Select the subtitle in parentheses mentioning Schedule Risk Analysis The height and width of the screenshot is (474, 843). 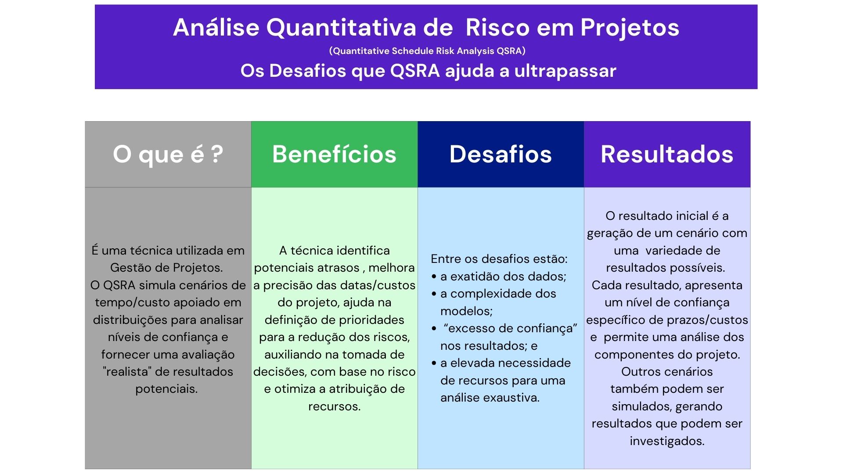(x=427, y=51)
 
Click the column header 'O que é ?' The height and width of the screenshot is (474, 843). (x=168, y=154)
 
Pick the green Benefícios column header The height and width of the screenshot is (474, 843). (x=335, y=154)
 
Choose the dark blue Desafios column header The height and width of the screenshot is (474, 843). (x=501, y=154)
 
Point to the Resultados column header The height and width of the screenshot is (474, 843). (x=667, y=154)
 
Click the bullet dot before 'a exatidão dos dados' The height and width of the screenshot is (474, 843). (x=434, y=277)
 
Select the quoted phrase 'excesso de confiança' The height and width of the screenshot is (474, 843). (x=510, y=329)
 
